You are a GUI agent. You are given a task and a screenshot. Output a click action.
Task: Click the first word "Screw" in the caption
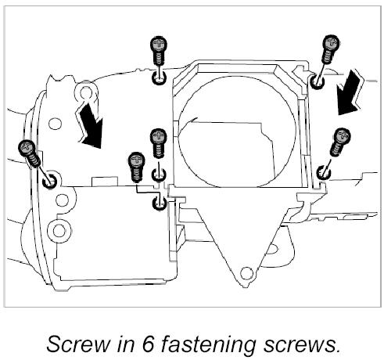(77, 344)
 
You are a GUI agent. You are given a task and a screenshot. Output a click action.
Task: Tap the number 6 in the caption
(149, 344)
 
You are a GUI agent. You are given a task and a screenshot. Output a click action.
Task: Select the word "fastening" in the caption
(208, 345)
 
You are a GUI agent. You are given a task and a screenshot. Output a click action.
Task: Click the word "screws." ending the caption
(302, 345)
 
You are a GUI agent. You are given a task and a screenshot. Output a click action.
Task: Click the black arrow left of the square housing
(89, 125)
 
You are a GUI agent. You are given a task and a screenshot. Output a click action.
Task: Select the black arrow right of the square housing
(350, 92)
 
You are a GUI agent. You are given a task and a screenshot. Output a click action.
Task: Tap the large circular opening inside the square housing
(237, 131)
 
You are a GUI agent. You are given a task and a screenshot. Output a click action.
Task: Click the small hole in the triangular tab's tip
(246, 273)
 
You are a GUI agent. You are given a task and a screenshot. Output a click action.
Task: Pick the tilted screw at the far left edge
(29, 153)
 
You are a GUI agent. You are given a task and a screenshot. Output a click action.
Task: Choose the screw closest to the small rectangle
(136, 167)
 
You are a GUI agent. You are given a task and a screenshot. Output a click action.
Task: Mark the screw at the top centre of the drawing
(159, 51)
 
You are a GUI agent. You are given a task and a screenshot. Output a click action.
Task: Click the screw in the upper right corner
(329, 49)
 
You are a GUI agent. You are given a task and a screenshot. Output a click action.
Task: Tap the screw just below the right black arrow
(340, 142)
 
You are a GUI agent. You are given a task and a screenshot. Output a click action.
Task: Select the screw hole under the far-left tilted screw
(49, 180)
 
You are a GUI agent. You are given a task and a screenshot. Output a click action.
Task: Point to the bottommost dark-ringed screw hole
(159, 203)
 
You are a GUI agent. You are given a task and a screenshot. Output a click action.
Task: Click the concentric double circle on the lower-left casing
(59, 231)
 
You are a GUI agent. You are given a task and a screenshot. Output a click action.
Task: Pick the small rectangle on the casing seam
(105, 182)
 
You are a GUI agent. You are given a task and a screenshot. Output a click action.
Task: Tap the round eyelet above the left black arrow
(86, 92)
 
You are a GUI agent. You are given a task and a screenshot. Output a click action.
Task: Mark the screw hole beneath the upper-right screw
(317, 81)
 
